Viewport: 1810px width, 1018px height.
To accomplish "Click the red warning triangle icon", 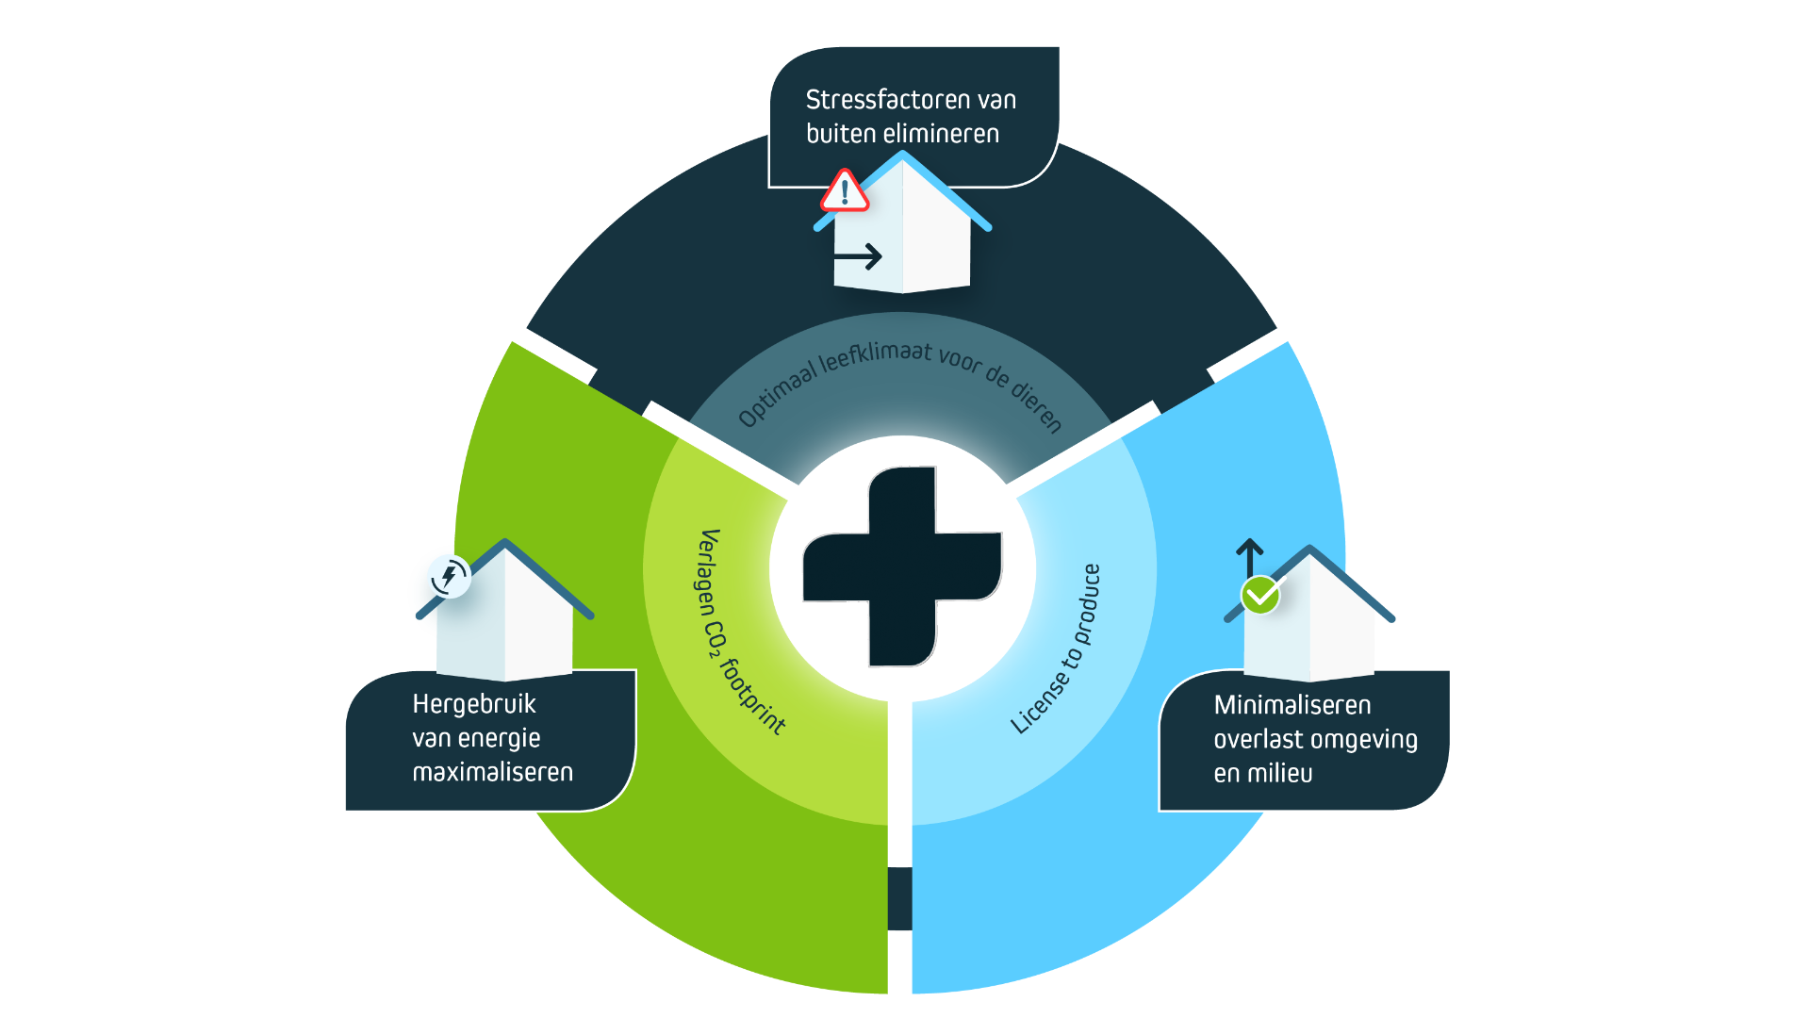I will coord(844,191).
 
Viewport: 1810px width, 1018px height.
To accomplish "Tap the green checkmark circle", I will coord(1260,595).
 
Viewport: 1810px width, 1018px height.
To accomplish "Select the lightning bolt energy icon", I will coord(449,575).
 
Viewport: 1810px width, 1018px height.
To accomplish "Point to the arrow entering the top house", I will coord(858,256).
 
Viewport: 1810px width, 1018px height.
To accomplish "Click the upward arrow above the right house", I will coord(1249,557).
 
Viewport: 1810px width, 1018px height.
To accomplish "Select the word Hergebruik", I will coord(473,704).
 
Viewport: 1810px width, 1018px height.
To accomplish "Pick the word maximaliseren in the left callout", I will coord(492,773).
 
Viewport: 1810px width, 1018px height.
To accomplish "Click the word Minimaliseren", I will coord(1292,705).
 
